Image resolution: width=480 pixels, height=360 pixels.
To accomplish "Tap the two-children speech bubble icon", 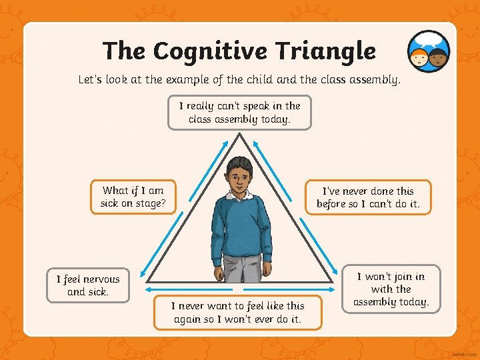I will (x=429, y=52).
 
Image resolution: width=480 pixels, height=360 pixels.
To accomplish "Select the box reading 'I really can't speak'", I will (x=239, y=113).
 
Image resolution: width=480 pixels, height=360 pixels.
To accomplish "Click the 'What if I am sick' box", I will (x=133, y=197).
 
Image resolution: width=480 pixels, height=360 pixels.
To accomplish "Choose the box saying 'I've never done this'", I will (x=368, y=197).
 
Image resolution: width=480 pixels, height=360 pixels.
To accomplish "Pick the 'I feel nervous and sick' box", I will (x=88, y=285).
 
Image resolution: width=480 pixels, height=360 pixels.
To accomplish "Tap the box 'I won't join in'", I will (x=391, y=289).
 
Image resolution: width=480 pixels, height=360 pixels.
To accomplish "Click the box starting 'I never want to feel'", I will (x=237, y=312).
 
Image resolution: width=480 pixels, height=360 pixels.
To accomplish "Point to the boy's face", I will (x=239, y=175).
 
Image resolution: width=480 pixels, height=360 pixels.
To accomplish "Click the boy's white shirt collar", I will (x=239, y=195).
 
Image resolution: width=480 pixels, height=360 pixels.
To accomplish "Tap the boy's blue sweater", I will (x=239, y=227).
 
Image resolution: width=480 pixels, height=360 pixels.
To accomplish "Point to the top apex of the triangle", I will (x=239, y=134).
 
